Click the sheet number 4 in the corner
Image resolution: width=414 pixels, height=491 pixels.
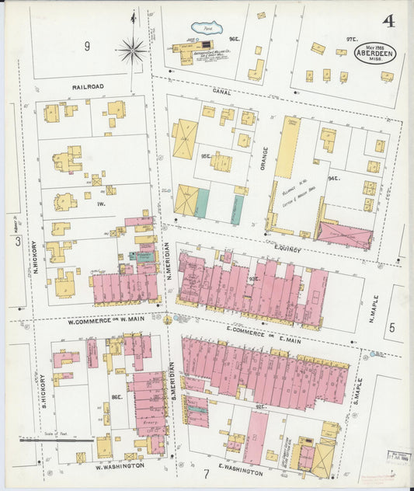[388, 20]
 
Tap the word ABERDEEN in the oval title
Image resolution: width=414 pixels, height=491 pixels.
[374, 66]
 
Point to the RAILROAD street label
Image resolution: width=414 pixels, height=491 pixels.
[89, 88]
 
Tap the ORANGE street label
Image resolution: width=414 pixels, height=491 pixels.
[264, 161]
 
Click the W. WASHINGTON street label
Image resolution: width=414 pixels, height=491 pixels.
[120, 466]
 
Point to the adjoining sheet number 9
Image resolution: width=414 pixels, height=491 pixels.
[87, 47]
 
